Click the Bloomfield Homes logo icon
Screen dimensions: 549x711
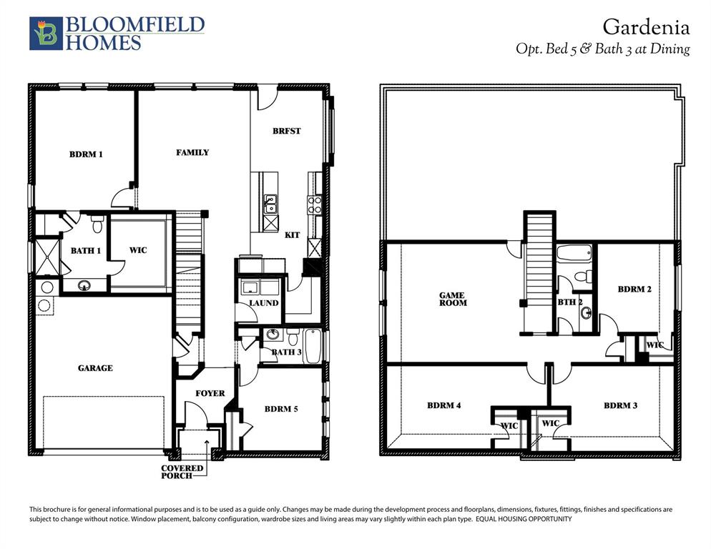tap(46, 34)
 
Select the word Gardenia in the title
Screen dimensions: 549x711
tap(645, 28)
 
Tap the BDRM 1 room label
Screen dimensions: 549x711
tap(86, 154)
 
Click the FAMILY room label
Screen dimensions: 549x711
tap(192, 152)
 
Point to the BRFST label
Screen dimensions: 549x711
tap(286, 132)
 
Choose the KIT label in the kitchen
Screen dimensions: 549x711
tap(292, 234)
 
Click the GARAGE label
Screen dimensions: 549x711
tap(95, 368)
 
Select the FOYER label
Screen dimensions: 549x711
tap(210, 393)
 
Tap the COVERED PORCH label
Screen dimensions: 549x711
tap(182, 472)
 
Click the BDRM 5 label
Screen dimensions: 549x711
tap(281, 410)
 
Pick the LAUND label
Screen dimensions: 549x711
tap(263, 303)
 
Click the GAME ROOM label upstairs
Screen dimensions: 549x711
tap(453, 299)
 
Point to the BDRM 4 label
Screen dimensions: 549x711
tap(443, 405)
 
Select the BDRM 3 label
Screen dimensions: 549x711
tap(620, 405)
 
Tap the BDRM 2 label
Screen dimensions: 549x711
tap(634, 290)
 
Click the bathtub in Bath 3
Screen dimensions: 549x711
tap(313, 347)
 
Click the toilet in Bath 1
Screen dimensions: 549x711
tap(98, 225)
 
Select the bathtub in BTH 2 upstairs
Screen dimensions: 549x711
tap(574, 253)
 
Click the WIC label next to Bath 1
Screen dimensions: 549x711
tap(138, 250)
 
